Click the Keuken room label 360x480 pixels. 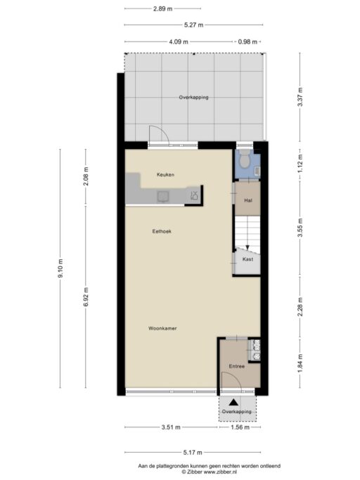point(165,175)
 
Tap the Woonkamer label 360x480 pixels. point(162,328)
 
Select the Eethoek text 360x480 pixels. point(162,231)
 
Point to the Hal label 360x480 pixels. point(248,200)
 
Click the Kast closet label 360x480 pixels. point(248,259)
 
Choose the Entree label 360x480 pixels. point(237,366)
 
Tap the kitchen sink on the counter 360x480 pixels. point(162,197)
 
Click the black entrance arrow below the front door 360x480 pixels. point(233,402)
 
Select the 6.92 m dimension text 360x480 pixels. point(86,297)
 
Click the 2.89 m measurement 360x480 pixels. point(162,9)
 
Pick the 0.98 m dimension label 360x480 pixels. point(247,41)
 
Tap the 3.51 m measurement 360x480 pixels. point(171,427)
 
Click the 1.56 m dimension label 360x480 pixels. point(240,427)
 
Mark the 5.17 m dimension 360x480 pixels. point(193,452)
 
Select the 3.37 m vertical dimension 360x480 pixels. point(300,97)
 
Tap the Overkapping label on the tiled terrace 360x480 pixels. point(193,98)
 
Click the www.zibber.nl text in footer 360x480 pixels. point(220,472)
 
